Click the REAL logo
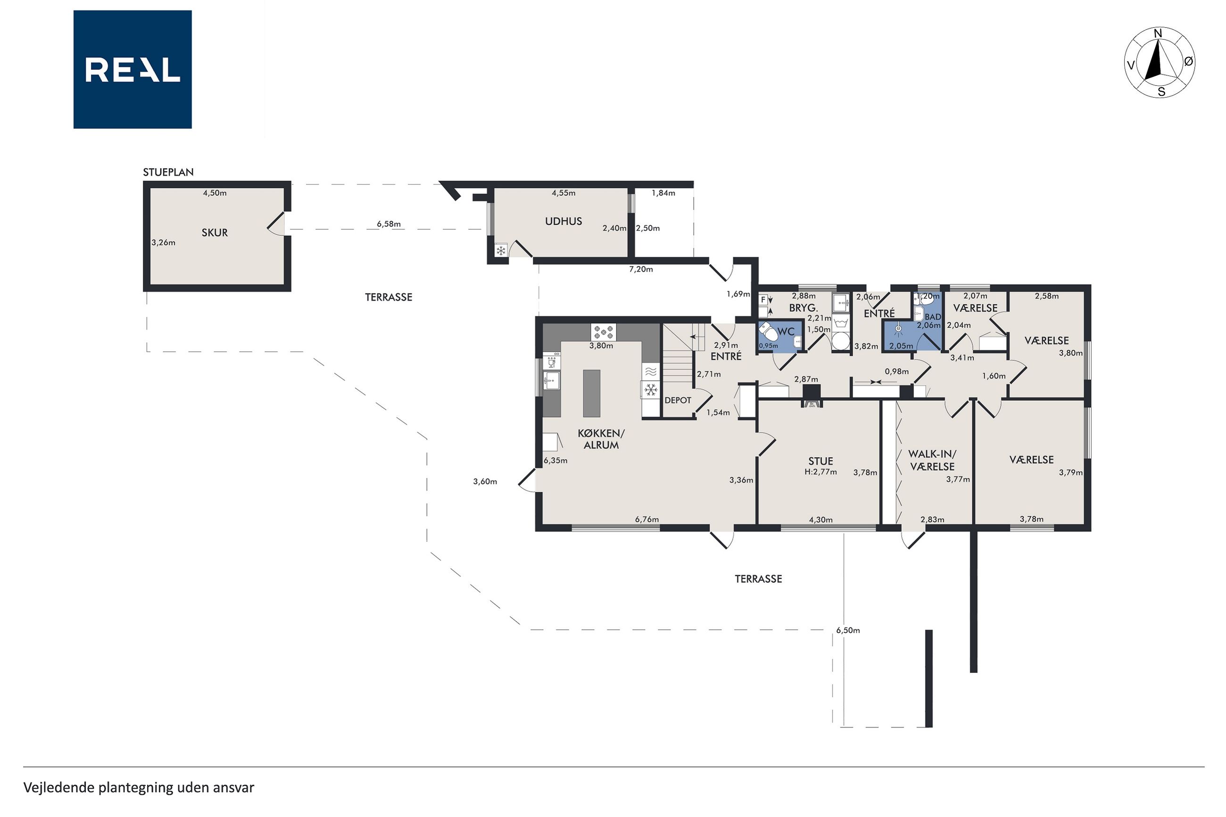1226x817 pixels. [133, 69]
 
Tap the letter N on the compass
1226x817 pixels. [1158, 33]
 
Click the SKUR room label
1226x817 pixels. [215, 232]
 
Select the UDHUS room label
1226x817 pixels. [563, 221]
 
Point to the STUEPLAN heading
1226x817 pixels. [168, 172]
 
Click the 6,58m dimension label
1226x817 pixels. [389, 224]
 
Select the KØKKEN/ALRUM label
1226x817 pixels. [601, 439]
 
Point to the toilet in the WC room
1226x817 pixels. [768, 331]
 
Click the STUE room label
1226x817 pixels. [820, 461]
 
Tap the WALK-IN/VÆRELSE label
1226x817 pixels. [932, 460]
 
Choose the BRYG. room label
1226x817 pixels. [804, 308]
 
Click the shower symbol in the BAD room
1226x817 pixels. [898, 329]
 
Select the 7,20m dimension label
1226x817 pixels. [641, 269]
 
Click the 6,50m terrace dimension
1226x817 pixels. [848, 630]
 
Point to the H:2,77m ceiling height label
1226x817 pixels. [820, 472]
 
